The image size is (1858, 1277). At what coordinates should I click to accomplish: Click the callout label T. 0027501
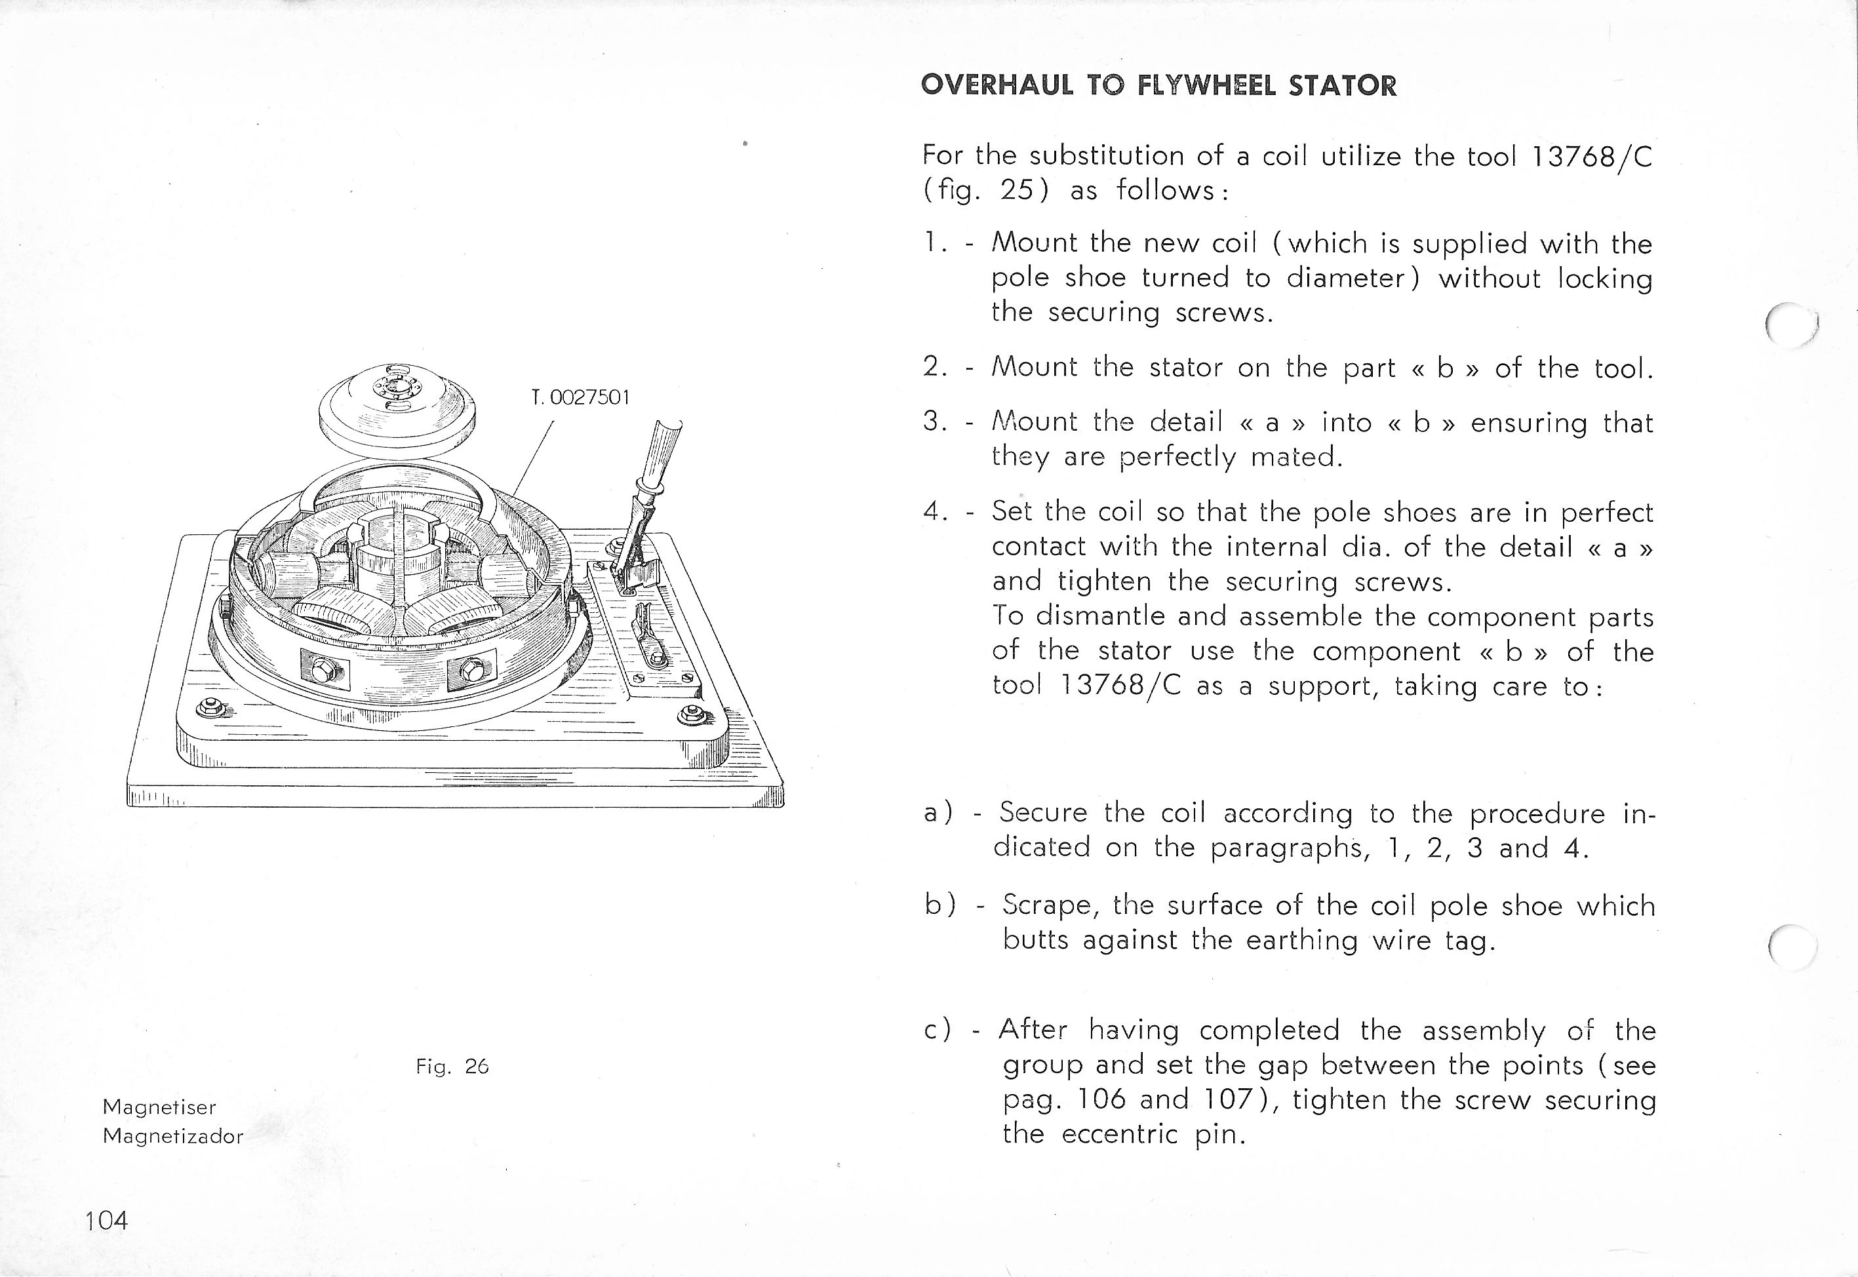click(580, 398)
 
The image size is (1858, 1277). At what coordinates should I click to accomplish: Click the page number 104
click(106, 1220)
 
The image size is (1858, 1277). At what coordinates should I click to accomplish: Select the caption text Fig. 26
click(452, 1067)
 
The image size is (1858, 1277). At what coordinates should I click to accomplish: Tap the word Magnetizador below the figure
click(173, 1136)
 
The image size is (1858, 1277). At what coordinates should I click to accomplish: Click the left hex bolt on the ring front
click(323, 670)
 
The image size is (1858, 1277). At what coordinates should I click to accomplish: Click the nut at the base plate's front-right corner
click(689, 714)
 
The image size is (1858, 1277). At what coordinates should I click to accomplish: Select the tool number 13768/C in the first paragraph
click(1589, 156)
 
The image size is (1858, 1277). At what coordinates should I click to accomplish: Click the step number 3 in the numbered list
click(932, 421)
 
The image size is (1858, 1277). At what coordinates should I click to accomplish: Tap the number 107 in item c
click(1230, 1099)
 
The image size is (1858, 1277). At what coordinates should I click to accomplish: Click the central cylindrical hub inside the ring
click(393, 560)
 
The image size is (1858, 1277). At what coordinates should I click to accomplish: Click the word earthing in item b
click(1302, 939)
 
